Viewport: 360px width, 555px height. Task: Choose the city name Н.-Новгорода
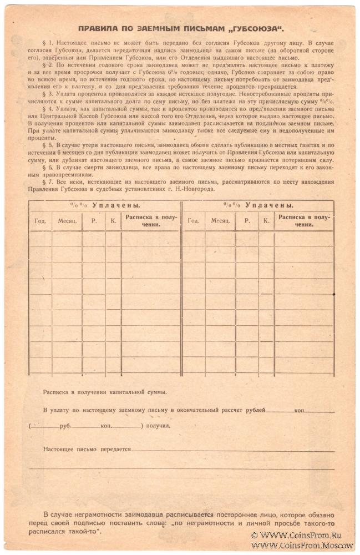pos(197,189)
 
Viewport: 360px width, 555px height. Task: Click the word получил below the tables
pos(159,426)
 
